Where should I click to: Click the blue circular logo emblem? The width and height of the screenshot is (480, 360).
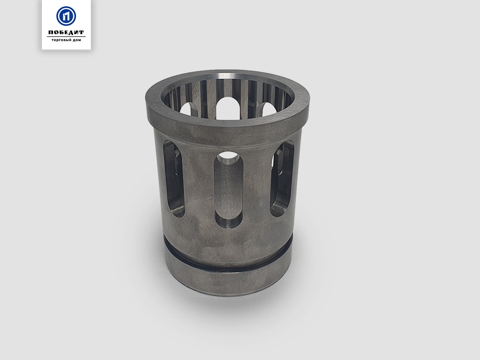66,16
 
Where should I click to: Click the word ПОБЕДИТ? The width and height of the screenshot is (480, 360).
66,32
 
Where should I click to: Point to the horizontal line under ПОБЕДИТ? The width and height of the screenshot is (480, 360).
66,37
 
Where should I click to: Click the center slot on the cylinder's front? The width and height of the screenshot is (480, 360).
228,190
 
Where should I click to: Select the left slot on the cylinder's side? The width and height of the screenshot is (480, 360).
173,179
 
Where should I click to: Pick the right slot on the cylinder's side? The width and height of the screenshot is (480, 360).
282,179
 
